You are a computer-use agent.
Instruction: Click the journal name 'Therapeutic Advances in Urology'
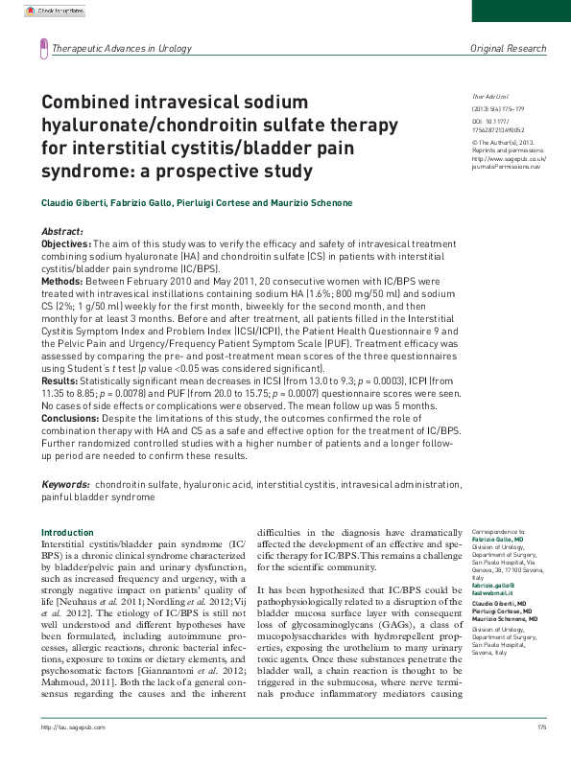click(x=121, y=48)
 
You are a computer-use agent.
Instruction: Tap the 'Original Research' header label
click(x=508, y=48)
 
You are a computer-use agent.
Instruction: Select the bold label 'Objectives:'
click(x=65, y=244)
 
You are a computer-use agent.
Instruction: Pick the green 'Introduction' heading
click(x=67, y=532)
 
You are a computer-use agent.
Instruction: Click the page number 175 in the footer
click(x=542, y=754)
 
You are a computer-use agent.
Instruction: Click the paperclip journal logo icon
click(x=42, y=48)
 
